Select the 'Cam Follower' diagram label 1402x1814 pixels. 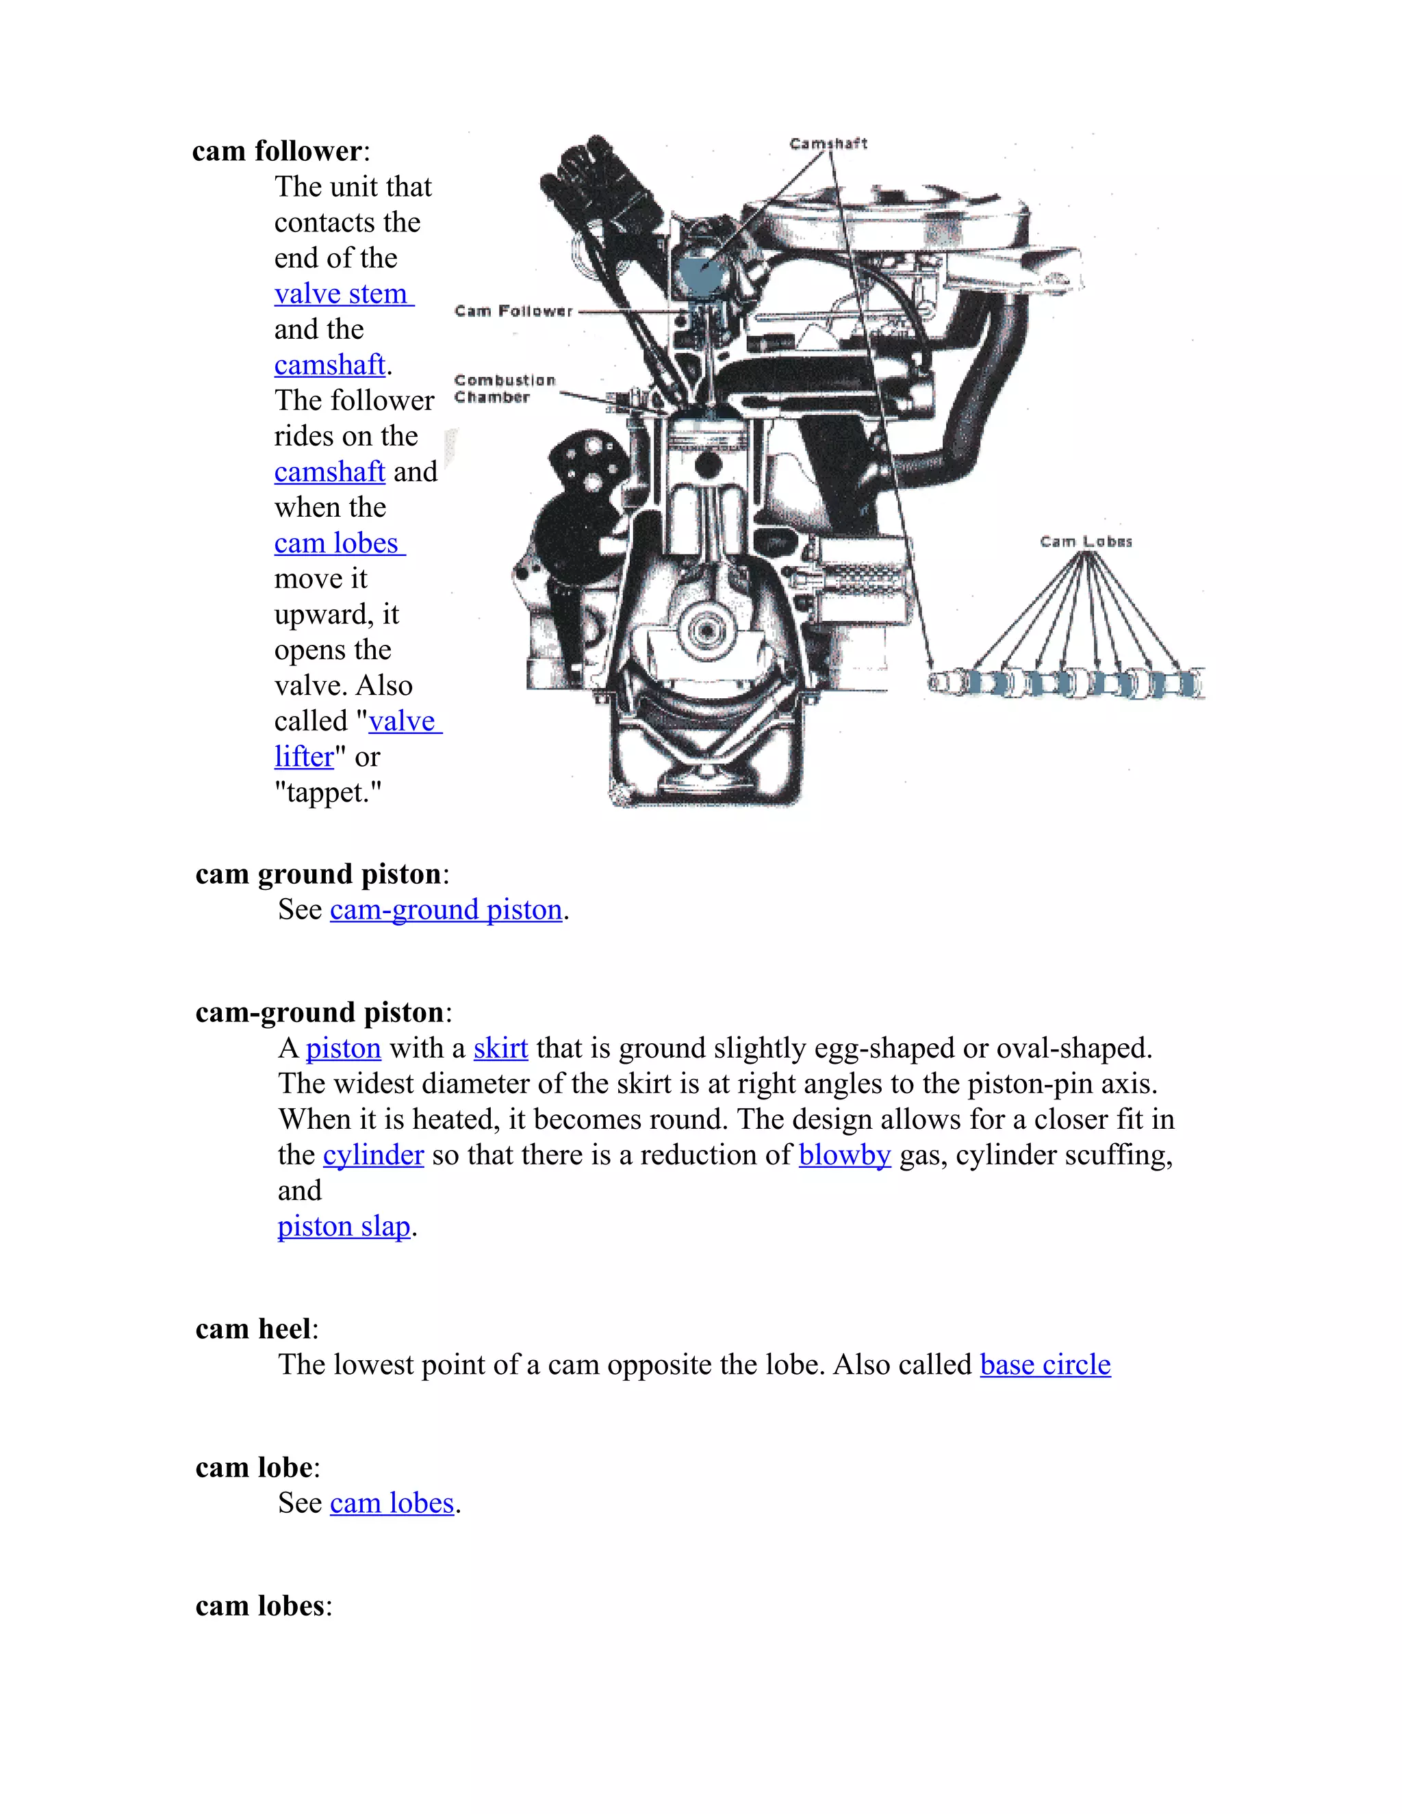click(x=513, y=311)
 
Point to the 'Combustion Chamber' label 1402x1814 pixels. click(x=504, y=389)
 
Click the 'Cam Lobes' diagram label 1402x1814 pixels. click(x=1086, y=541)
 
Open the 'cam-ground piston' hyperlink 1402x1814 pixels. click(x=446, y=910)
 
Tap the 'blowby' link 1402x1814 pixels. click(x=844, y=1155)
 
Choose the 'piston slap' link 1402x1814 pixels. click(x=344, y=1226)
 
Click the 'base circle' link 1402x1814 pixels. click(x=1045, y=1365)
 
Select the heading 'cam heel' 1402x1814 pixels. click(x=253, y=1329)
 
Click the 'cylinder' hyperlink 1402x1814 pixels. click(x=373, y=1155)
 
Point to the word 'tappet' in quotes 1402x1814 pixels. click(x=328, y=793)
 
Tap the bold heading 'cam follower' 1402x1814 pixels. click(x=277, y=151)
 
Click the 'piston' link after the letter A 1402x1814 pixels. click(x=343, y=1048)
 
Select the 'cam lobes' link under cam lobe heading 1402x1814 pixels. click(x=392, y=1503)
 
